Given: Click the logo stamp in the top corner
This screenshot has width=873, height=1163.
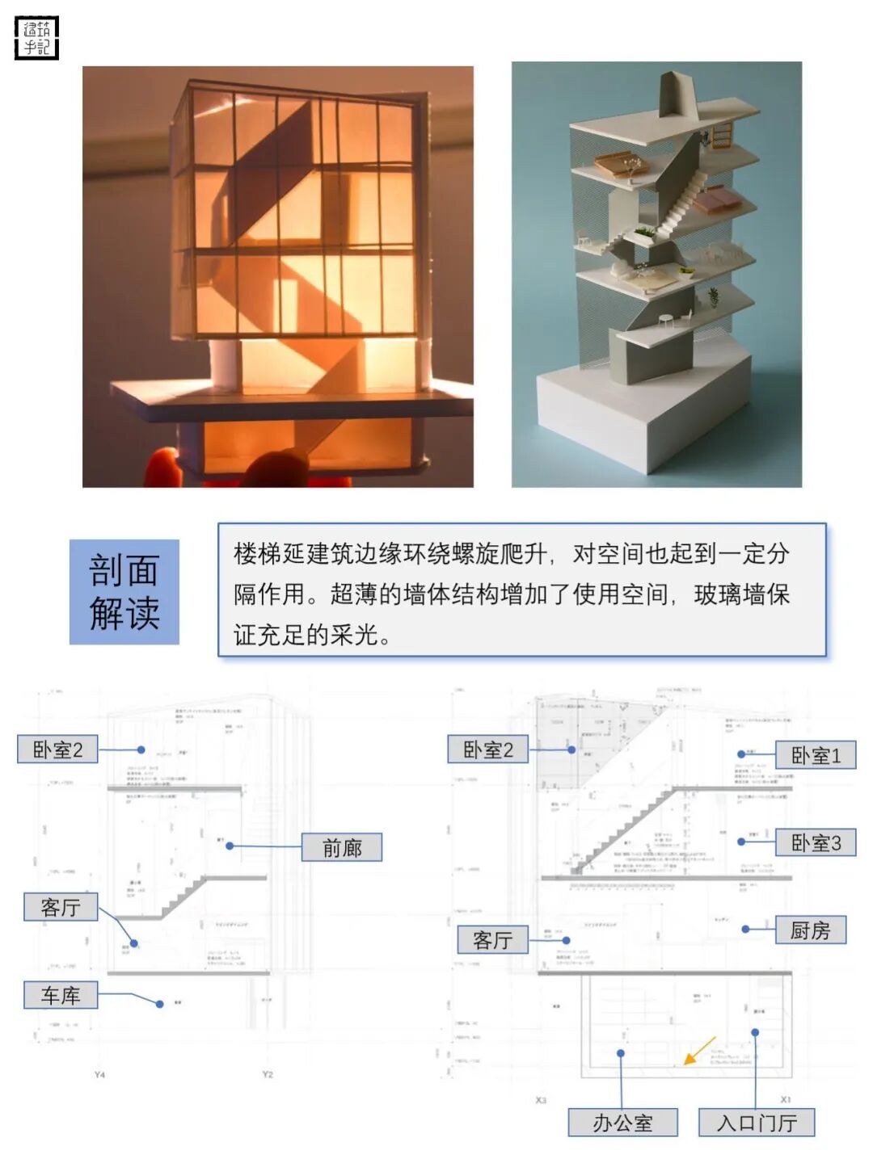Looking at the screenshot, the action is pos(37,37).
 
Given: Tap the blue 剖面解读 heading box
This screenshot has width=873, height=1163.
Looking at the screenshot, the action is pos(124,592).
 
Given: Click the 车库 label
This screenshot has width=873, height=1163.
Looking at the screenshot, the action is pos(61,995).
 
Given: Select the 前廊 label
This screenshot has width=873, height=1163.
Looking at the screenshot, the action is pos(341,847).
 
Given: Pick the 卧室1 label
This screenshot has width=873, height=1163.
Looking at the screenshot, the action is pos(815,755).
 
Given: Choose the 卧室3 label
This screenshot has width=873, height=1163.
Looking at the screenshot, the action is pos(815,842).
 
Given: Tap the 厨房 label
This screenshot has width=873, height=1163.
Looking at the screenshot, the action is pos(810,930).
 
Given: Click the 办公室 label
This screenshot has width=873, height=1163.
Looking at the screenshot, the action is pos(622,1123).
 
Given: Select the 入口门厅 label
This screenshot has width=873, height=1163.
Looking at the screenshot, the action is pos(757,1123).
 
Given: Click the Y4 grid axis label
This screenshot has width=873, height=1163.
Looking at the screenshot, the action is pos(99,1075).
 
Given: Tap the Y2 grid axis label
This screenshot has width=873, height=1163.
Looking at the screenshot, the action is pos(268,1075).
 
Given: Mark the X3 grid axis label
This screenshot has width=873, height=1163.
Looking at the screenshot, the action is pos(541,1100).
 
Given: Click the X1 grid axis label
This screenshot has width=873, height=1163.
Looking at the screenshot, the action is pos(785,1099).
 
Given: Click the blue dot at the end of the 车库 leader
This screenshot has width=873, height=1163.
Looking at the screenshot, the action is pos(159,1004).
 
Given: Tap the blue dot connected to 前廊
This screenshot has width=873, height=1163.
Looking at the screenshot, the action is pos(230,846).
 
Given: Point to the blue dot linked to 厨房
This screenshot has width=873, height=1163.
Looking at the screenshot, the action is pos(745,930).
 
